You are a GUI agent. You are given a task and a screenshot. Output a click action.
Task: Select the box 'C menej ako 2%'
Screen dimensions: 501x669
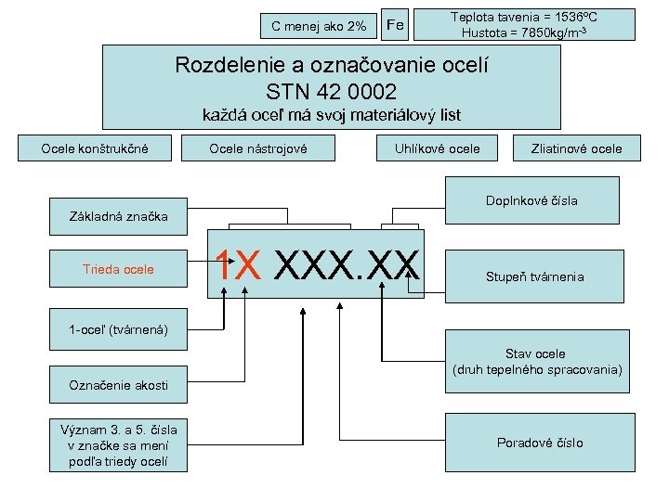click(x=319, y=26)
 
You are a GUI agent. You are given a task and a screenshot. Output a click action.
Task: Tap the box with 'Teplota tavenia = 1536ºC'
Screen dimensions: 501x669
click(x=524, y=24)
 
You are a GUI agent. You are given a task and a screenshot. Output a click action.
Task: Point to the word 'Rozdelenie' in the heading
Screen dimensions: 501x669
click(x=229, y=67)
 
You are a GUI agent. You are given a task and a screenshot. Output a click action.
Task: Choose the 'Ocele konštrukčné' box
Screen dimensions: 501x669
click(x=95, y=148)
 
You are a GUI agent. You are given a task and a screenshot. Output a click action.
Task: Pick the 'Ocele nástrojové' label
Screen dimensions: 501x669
click(x=258, y=148)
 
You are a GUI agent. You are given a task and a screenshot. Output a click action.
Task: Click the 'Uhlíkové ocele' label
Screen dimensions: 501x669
click(x=438, y=148)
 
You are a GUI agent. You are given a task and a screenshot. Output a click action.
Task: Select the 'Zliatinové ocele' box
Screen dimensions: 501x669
click(x=576, y=148)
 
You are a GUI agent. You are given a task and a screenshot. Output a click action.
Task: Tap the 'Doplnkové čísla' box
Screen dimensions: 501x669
click(x=531, y=201)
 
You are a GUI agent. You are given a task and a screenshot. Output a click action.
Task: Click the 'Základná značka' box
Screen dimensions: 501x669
click(x=119, y=217)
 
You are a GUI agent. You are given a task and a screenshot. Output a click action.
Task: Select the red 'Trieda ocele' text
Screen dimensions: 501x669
click(x=119, y=270)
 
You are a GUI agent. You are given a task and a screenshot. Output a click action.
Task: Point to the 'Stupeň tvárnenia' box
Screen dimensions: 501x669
click(x=534, y=276)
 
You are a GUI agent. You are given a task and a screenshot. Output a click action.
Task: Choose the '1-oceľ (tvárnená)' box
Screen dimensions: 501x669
click(x=118, y=330)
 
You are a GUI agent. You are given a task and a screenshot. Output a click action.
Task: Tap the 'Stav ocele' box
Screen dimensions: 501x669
click(x=535, y=361)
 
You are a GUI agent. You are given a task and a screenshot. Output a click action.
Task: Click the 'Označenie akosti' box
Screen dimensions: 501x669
click(x=119, y=385)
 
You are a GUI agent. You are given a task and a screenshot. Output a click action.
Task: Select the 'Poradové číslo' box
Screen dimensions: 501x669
click(x=540, y=443)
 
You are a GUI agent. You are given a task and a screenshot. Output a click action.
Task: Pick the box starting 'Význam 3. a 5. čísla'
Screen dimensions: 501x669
click(x=118, y=444)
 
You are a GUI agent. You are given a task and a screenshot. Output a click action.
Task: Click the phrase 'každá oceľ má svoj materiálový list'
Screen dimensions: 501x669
click(x=332, y=116)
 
